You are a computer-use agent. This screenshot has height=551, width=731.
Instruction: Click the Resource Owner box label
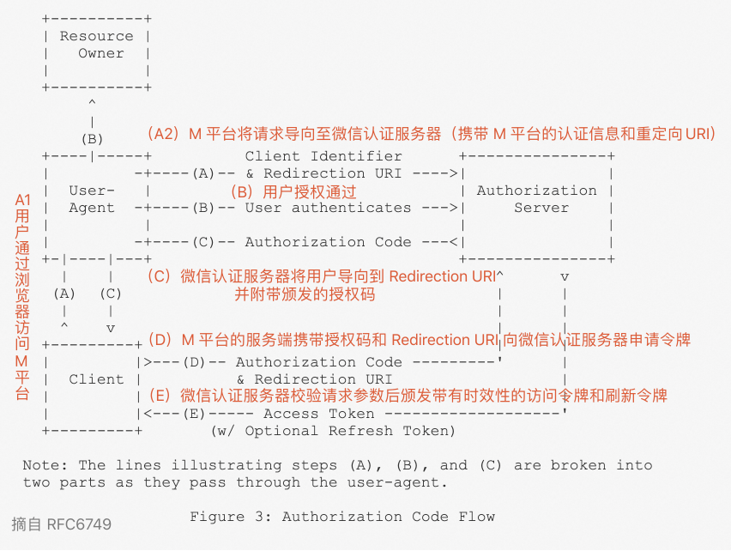point(96,45)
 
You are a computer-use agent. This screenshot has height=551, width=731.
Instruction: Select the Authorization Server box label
point(536,199)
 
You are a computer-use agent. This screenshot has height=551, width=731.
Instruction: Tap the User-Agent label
point(92,199)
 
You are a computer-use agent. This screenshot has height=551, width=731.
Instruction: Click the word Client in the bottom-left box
point(96,379)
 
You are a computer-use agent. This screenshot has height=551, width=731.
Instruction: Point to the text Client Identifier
point(323,156)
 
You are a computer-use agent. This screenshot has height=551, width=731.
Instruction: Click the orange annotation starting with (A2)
point(431,134)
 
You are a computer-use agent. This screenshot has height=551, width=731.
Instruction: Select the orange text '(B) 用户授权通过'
point(293,191)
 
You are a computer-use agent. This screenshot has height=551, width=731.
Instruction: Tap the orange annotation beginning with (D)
point(419,340)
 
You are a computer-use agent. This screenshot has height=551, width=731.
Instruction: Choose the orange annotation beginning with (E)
point(408,396)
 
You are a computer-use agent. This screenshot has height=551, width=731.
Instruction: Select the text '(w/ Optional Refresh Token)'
point(333,431)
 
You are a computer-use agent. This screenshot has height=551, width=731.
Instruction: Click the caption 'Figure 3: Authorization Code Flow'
point(342,517)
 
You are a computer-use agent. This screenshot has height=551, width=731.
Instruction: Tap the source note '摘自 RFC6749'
point(61,524)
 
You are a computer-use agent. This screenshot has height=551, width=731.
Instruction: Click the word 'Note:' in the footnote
point(45,465)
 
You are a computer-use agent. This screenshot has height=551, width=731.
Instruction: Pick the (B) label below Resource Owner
point(92,139)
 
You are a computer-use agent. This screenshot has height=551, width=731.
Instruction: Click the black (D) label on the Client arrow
point(194,362)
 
